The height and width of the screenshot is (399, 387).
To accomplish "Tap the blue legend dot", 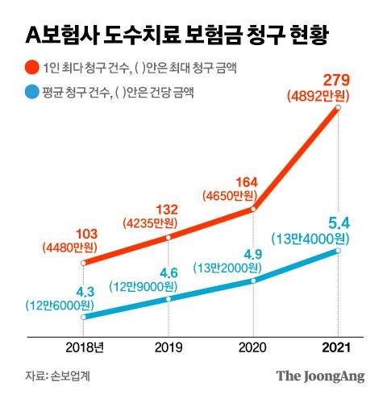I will pyautogui.click(x=32, y=94).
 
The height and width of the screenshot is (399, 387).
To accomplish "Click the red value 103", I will pyautogui.click(x=84, y=234).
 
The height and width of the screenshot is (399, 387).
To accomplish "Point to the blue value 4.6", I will pyautogui.click(x=169, y=272).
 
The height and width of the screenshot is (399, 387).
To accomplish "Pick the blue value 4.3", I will pyautogui.click(x=82, y=291).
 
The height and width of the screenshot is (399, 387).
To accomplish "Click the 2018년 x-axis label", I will pyautogui.click(x=85, y=346).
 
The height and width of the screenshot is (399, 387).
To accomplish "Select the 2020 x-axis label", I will pyautogui.click(x=253, y=346).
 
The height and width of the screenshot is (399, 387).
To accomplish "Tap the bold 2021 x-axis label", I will pyautogui.click(x=337, y=346).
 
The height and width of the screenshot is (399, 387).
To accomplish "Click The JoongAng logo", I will pyautogui.click(x=320, y=376).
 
